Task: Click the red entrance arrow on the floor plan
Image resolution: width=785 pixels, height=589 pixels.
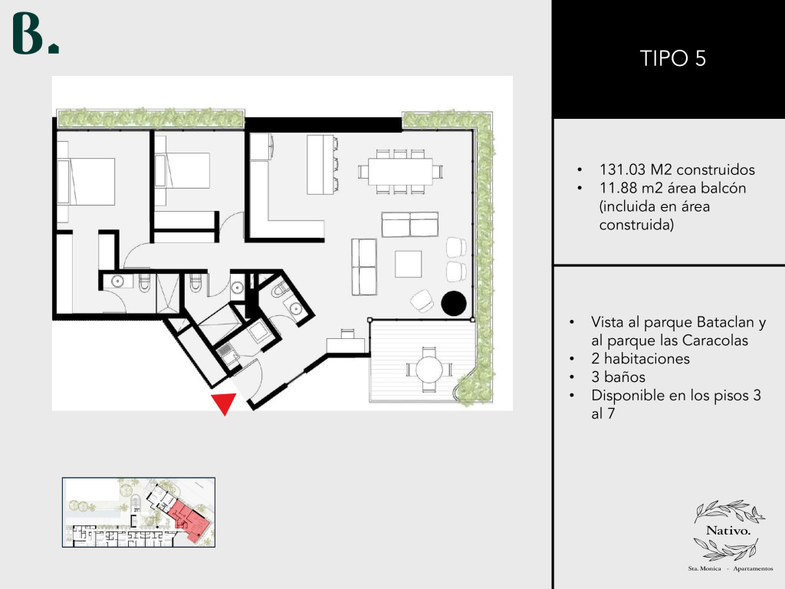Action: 224,402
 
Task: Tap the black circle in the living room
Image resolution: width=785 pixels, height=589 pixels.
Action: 454,304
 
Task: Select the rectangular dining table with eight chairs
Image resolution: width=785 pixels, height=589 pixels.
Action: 400,171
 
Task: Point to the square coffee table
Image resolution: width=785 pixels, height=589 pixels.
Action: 408,264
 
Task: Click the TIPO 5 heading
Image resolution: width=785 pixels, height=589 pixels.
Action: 673,58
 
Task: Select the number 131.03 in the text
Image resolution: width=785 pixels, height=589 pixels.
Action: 622,169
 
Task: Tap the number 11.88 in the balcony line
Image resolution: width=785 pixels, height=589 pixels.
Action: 618,188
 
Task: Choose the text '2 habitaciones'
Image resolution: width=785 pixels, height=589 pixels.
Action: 640,359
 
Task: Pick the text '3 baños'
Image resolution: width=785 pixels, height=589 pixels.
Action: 619,377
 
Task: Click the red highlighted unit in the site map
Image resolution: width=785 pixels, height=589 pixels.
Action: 189,521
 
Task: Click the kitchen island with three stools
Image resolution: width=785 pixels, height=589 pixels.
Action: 323,164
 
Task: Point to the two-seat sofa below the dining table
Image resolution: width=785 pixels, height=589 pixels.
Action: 410,225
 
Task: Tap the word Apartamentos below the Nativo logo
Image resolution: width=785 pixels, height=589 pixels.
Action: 753,568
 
